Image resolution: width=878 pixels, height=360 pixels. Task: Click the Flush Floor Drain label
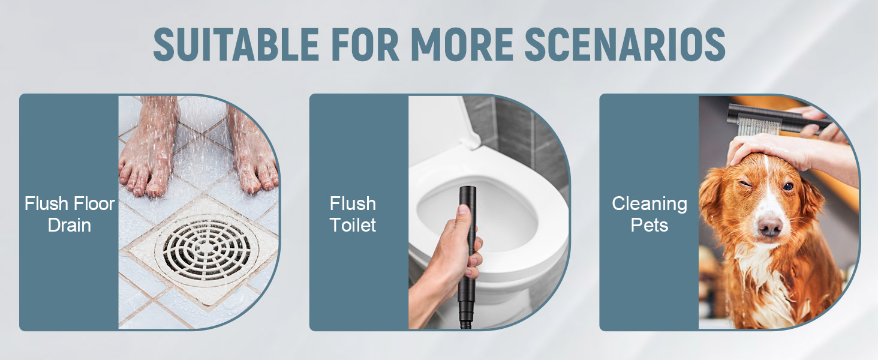pos(70,214)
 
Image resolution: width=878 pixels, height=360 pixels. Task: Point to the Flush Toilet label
pos(353,214)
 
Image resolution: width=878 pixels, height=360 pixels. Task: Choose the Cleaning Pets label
pos(650,214)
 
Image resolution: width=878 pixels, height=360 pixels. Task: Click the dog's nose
pos(769,226)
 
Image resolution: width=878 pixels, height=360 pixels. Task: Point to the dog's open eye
pos(787,186)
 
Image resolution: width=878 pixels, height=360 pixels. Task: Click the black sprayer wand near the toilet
pos(467,240)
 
